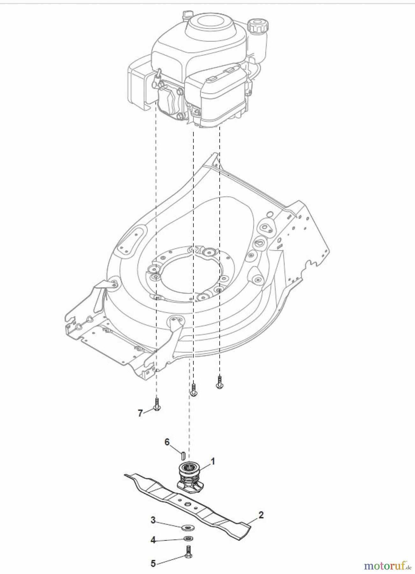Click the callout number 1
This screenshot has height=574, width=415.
pos(213,461)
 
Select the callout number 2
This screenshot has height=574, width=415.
pos(261,515)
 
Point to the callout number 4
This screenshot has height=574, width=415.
pos(153,541)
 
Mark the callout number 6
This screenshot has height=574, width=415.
pos(167,442)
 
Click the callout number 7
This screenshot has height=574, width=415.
pos(140,413)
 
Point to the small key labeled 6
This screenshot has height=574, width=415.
pos(184,453)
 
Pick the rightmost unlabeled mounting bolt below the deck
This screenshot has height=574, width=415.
pos(219,383)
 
